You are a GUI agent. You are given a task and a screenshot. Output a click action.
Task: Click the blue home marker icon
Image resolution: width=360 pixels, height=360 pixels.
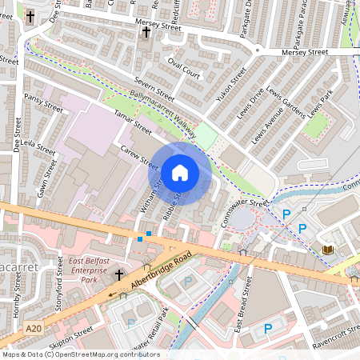click(180, 172)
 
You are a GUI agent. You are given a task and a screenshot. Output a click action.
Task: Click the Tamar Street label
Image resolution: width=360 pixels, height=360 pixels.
click(132, 121)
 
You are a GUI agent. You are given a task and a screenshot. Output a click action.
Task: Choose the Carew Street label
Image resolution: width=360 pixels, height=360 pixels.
click(139, 156)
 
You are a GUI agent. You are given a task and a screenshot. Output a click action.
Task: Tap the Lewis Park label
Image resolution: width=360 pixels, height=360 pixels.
click(315, 98)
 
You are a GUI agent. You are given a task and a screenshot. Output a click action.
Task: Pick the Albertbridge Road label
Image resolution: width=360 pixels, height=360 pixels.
click(162, 271)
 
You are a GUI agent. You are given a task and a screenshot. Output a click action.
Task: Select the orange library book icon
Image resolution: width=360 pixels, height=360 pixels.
click(327, 250)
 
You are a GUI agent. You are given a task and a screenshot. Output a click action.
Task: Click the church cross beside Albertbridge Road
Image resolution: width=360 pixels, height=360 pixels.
click(119, 275)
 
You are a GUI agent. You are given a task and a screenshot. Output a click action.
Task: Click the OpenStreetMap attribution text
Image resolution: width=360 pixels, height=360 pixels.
click(80, 354)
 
